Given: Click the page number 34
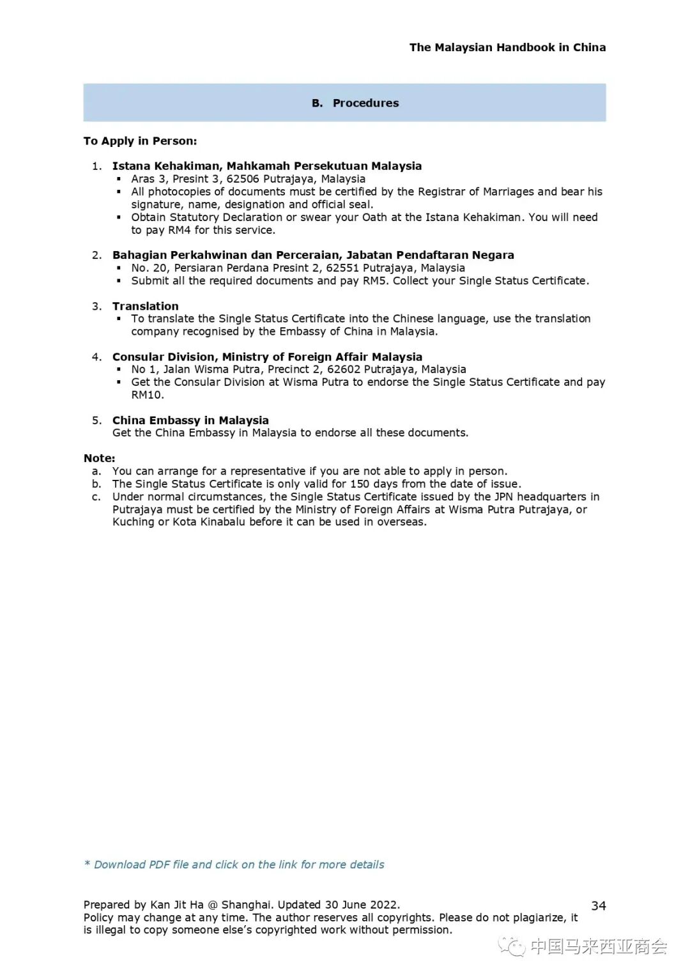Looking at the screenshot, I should [x=598, y=905].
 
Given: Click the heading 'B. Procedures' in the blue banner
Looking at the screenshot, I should [x=355, y=103].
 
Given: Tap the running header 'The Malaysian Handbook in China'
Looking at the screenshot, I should [x=507, y=47].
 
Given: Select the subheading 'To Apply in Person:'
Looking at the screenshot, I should [x=140, y=141].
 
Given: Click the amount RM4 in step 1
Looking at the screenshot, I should [x=179, y=230].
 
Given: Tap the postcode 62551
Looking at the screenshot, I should [x=342, y=268].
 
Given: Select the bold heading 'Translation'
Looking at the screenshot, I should [x=145, y=306].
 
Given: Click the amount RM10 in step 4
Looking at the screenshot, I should [x=147, y=395].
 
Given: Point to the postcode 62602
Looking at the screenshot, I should [x=344, y=369].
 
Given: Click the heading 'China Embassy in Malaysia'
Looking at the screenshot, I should [x=190, y=420].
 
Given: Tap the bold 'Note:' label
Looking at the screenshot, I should [x=99, y=458].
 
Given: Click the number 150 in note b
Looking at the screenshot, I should [x=359, y=484].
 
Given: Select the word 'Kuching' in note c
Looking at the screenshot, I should [x=133, y=522].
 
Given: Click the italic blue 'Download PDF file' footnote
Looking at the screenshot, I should [x=234, y=865].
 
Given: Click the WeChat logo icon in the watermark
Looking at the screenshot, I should [x=512, y=946].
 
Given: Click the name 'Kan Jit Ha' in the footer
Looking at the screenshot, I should [x=176, y=905].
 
